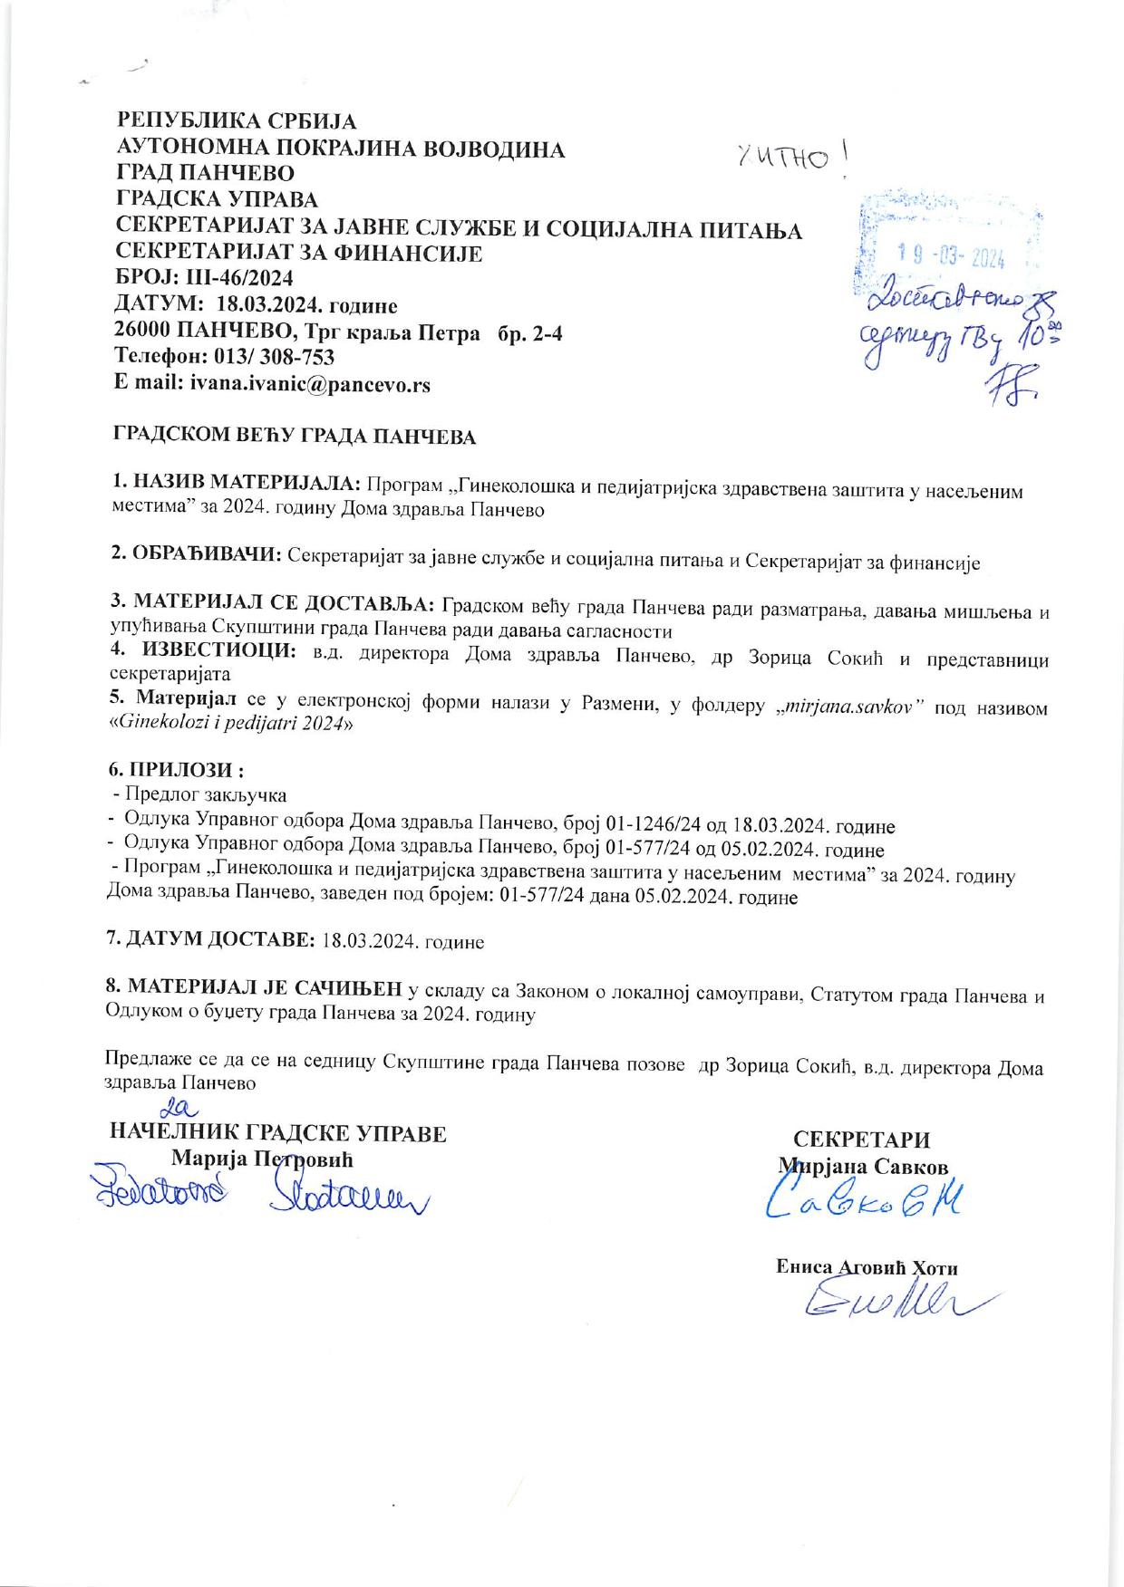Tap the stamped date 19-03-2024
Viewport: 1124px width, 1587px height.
(x=950, y=258)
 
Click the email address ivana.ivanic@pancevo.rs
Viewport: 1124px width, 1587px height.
(x=309, y=384)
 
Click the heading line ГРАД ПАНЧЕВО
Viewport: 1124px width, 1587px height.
(x=205, y=173)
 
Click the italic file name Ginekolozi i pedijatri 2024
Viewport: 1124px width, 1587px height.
(x=230, y=726)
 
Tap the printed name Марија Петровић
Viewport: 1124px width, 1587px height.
(x=262, y=1159)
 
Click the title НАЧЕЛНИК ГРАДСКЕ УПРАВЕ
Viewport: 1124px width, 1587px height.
(x=277, y=1134)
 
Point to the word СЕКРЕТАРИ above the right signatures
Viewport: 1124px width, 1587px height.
(x=861, y=1140)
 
